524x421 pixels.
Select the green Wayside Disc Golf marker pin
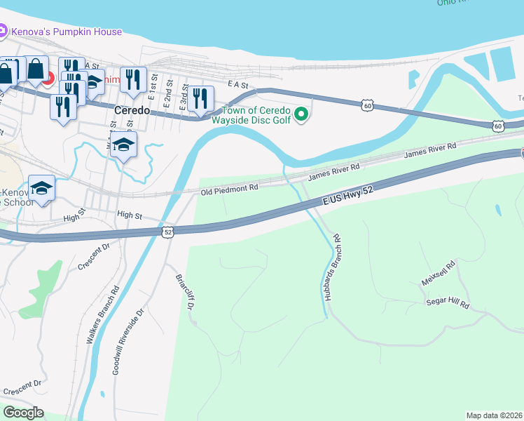point(301,114)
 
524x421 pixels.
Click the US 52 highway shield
point(167,232)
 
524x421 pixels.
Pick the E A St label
point(238,84)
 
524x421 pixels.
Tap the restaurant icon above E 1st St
point(132,79)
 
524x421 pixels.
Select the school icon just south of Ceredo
point(123,145)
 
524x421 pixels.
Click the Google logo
point(24,412)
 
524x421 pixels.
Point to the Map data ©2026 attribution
point(494,415)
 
